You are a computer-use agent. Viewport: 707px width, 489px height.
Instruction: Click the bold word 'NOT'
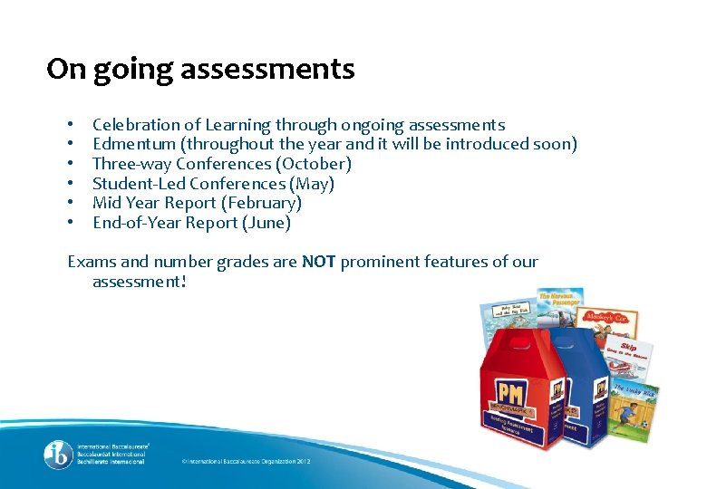[x=319, y=262]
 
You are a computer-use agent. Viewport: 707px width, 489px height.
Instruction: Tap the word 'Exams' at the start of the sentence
[x=92, y=262]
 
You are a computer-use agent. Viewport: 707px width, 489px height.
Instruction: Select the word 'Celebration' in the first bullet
[x=137, y=125]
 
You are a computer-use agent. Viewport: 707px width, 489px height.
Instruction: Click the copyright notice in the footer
[x=246, y=462]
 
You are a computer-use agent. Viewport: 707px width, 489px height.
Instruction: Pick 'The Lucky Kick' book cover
[x=635, y=408]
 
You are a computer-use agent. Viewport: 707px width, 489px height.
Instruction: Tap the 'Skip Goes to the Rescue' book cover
[x=625, y=358]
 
